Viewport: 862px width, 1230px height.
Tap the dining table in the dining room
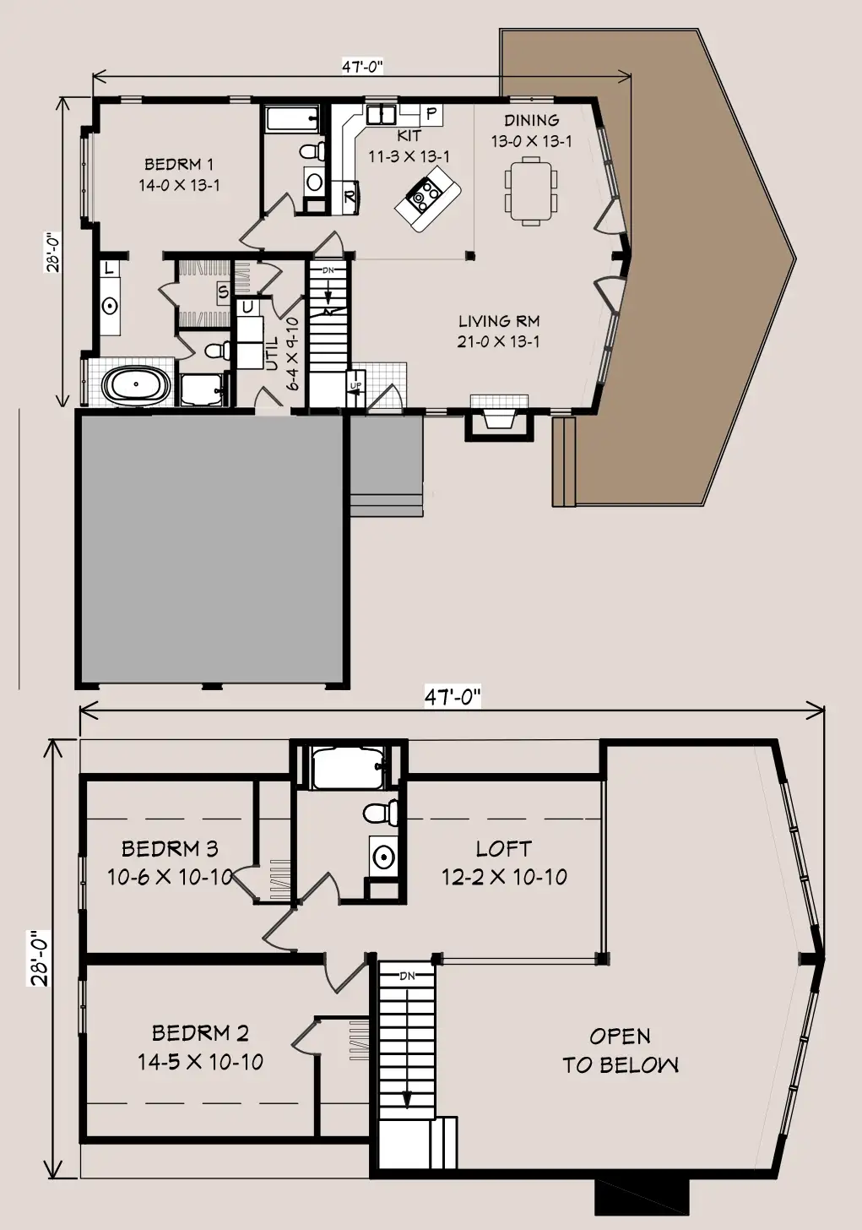pos(530,191)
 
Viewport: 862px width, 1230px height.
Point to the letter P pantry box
pos(431,114)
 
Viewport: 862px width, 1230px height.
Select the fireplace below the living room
pos(499,417)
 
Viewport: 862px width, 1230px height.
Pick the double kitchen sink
pos(382,115)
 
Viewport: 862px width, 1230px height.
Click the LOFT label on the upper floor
pos(504,849)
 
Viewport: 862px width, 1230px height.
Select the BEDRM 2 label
pos(200,1033)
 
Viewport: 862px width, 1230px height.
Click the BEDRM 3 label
pos(170,848)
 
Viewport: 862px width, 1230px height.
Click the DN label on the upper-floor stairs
pos(407,976)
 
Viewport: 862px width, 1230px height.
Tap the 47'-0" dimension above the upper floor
pos(453,698)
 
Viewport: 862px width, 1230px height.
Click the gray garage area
pos(213,549)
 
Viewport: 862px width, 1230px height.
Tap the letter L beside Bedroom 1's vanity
pos(109,269)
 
